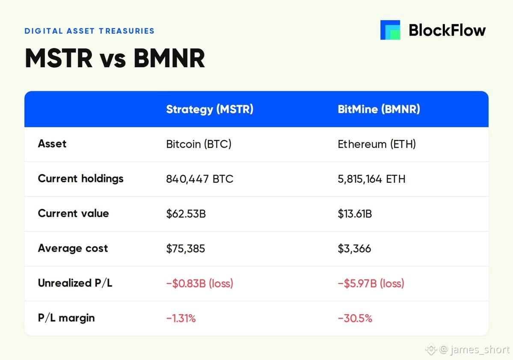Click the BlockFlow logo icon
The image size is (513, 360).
click(390, 30)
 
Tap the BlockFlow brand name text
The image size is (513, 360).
click(447, 30)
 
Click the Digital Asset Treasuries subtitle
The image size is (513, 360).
click(89, 31)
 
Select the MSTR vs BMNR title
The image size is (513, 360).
click(115, 58)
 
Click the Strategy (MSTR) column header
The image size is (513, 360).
click(210, 109)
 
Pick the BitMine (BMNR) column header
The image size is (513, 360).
click(379, 109)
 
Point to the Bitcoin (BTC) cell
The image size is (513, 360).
click(199, 144)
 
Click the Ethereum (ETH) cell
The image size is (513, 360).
click(377, 144)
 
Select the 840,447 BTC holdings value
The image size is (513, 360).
click(199, 179)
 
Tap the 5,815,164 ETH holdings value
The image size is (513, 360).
click(371, 179)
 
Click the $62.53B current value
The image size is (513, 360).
click(186, 214)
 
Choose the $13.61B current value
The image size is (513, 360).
click(355, 214)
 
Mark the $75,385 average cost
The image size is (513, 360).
click(186, 249)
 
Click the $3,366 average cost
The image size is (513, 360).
click(354, 249)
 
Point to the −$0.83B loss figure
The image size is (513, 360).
click(199, 283)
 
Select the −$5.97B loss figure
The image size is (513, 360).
click(371, 283)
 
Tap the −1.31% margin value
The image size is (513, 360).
click(181, 318)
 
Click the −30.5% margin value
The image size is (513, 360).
click(355, 318)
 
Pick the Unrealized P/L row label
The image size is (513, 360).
click(75, 283)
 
